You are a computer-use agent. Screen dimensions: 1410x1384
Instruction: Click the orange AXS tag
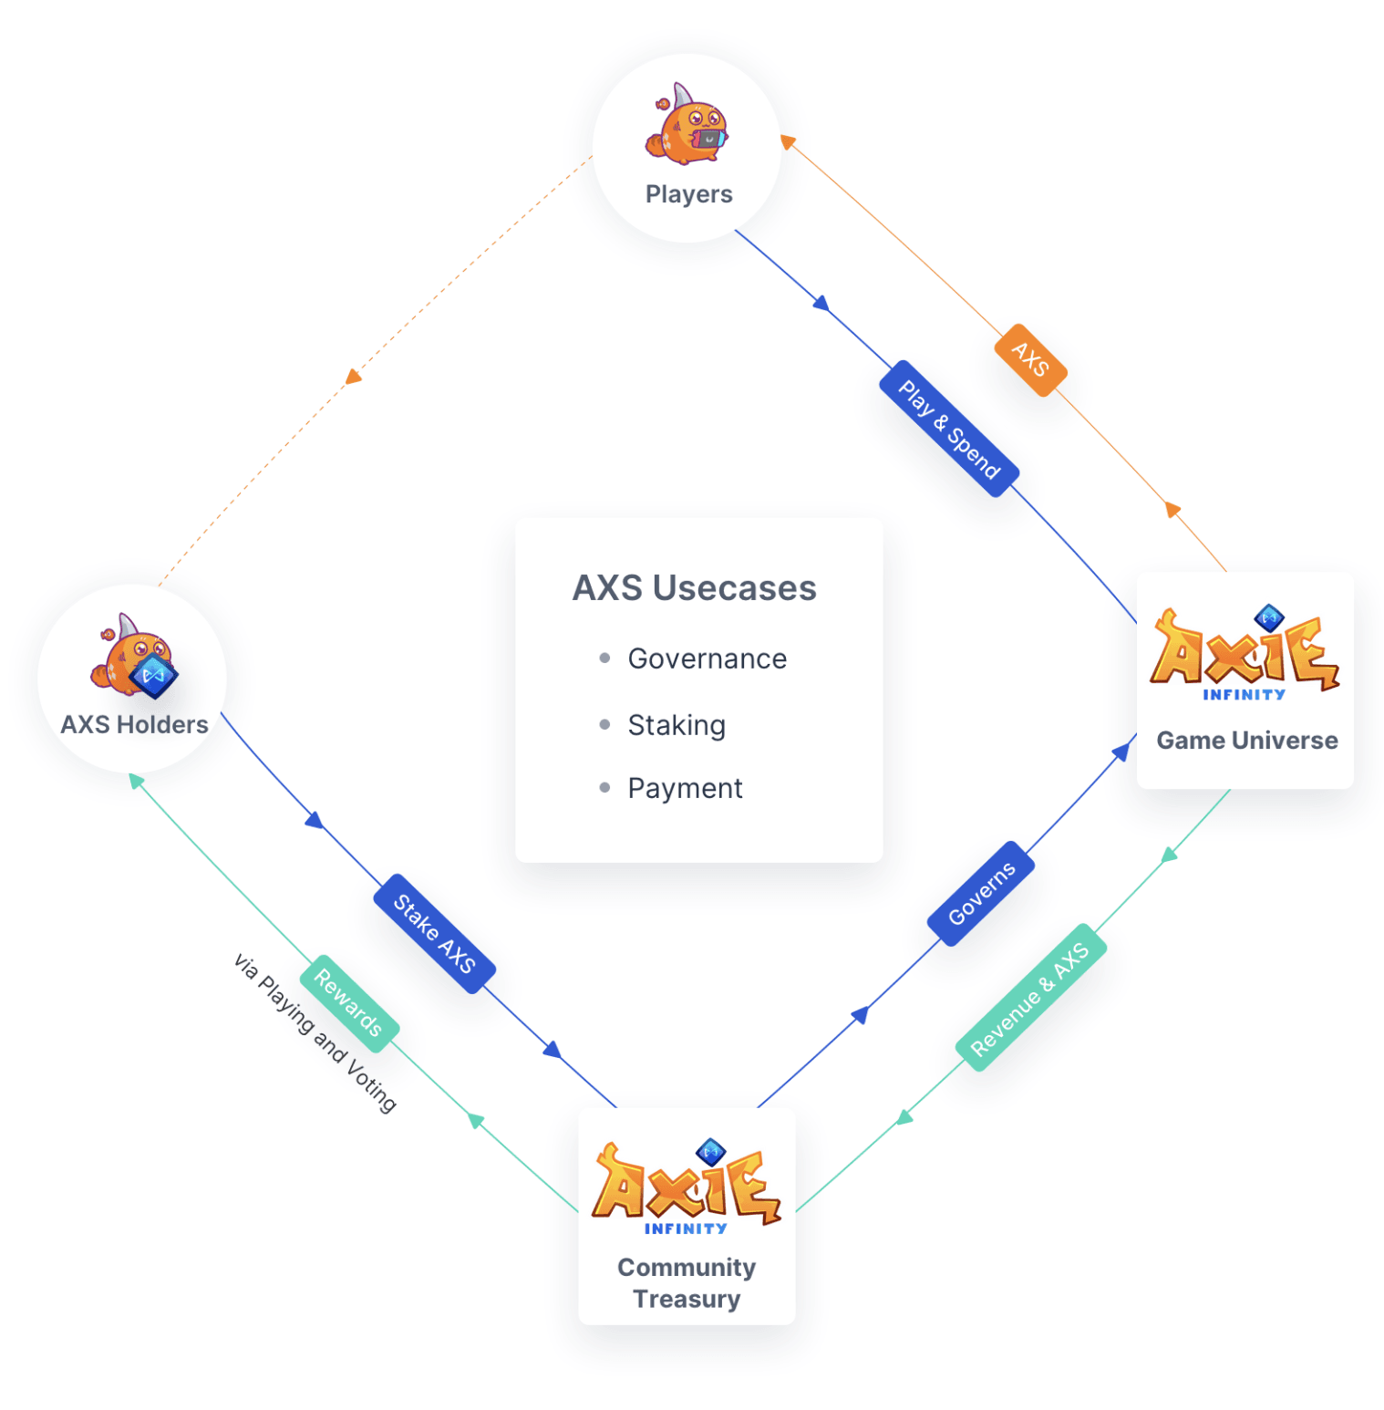coord(1030,359)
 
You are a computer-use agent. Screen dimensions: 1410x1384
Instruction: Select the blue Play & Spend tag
coord(949,429)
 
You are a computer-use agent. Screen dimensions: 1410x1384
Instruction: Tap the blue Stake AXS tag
coord(434,933)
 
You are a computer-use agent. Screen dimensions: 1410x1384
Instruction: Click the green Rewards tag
coord(348,1003)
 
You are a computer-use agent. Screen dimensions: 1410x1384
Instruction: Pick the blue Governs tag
coord(981,893)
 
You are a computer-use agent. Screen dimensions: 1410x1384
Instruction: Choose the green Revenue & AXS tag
coord(1030,998)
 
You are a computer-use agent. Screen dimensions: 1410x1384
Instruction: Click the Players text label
coord(688,194)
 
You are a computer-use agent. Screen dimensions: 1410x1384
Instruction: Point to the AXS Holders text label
coord(134,725)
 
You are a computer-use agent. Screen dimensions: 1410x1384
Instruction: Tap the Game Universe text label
coord(1246,741)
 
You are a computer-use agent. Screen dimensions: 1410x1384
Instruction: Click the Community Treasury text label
coord(687,1283)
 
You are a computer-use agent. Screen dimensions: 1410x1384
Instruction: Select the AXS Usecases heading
coord(694,588)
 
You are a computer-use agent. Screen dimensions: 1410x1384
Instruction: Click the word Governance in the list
coord(707,658)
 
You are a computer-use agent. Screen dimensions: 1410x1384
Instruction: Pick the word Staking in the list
coord(677,725)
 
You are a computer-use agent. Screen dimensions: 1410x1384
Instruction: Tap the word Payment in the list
coord(685,788)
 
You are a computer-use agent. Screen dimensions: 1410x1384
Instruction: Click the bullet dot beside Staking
coord(604,725)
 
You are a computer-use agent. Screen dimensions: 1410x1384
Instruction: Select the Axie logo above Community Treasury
coord(686,1185)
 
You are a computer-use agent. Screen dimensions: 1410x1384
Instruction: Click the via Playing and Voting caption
coord(315,1032)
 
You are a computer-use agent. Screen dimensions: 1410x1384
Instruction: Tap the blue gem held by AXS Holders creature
coord(154,676)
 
